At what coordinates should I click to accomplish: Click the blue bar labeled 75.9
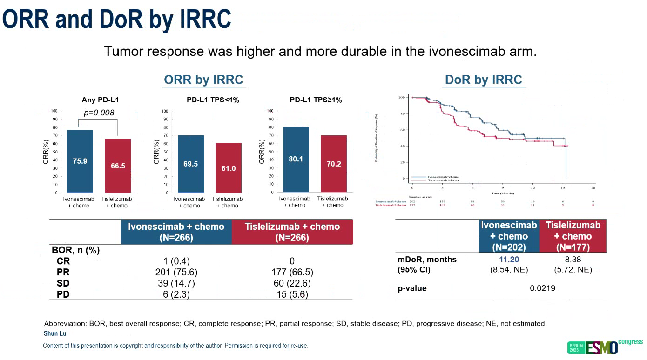point(80,161)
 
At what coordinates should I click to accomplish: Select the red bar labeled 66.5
point(118,166)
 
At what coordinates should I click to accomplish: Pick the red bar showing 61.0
point(228,168)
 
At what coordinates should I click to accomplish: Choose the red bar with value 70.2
point(334,164)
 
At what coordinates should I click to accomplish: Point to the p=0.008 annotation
point(99,113)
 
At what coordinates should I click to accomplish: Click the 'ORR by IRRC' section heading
point(203,80)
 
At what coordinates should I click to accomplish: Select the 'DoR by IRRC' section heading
point(483,80)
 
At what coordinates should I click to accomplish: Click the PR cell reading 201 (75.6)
point(172,272)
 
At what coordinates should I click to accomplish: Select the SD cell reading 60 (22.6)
point(291,283)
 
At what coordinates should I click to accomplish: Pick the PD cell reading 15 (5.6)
point(291,294)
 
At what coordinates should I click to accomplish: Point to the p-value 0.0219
point(542,288)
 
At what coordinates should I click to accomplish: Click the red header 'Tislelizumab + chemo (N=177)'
point(573,236)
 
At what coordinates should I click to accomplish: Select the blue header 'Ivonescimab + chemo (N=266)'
point(176,232)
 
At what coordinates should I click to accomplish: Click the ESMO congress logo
point(605,347)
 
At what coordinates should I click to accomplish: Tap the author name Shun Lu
point(55,333)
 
